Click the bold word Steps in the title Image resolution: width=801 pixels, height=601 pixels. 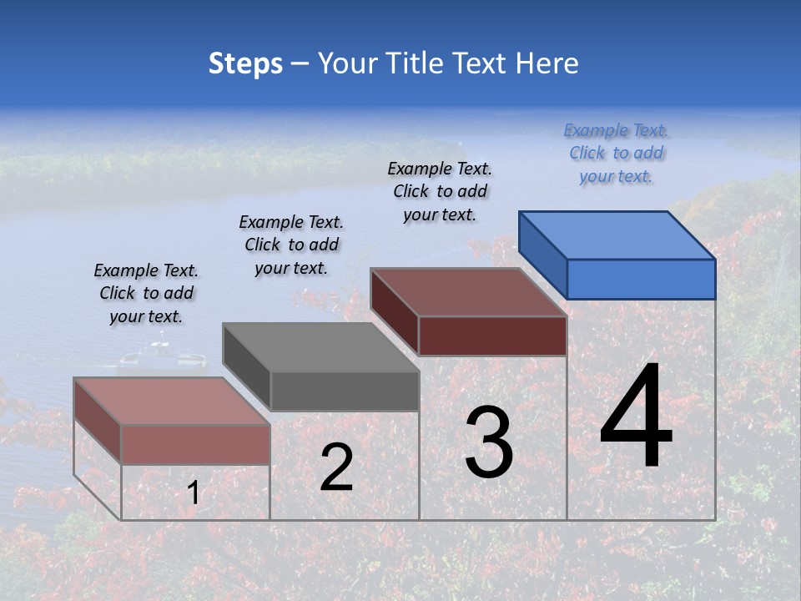click(x=245, y=63)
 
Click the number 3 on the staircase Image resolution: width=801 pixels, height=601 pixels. click(x=489, y=442)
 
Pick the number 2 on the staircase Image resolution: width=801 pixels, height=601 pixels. click(x=336, y=467)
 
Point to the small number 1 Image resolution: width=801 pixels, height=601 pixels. click(x=194, y=493)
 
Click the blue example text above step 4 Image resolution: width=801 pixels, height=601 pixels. click(x=616, y=153)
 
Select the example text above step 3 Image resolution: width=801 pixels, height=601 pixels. click(x=440, y=191)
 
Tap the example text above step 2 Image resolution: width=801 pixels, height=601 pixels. click(x=291, y=245)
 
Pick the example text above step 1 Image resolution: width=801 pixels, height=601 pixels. click(x=146, y=293)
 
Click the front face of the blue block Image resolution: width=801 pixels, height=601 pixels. click(x=641, y=279)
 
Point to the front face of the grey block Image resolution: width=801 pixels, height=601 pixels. click(x=345, y=391)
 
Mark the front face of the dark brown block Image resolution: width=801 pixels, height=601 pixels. click(x=492, y=336)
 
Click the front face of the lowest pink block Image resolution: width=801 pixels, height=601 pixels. click(x=195, y=444)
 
